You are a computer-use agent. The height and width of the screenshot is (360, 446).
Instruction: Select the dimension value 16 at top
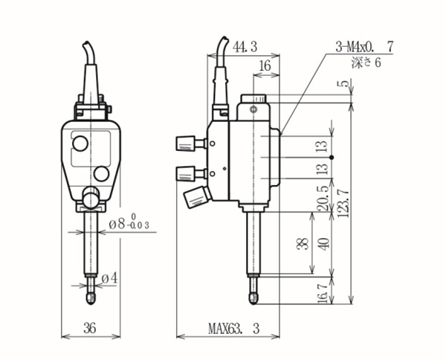pyautogui.click(x=265, y=66)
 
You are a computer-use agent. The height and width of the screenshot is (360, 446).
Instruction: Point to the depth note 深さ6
pyautogui.click(x=366, y=63)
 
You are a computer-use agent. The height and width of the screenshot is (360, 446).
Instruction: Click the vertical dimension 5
pyautogui.click(x=344, y=86)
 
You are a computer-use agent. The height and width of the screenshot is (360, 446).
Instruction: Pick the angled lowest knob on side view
pyautogui.click(x=195, y=197)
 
